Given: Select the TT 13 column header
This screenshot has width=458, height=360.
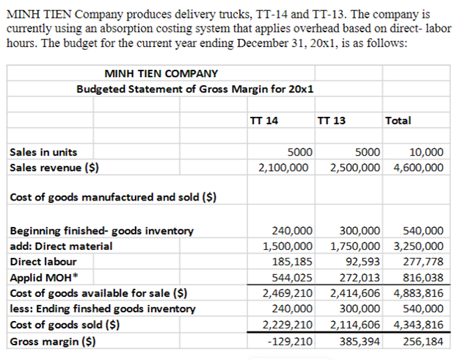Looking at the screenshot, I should (x=332, y=120).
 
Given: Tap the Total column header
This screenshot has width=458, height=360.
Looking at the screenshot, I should (x=398, y=120).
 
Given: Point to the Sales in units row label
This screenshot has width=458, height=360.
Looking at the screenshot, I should (x=43, y=152).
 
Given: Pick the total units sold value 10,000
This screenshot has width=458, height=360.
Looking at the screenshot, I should (x=426, y=152).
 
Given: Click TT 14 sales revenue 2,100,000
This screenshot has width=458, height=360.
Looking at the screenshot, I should (x=284, y=167).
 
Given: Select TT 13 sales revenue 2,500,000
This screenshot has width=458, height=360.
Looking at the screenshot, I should (x=355, y=167).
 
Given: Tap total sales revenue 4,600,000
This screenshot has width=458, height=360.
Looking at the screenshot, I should (x=418, y=167).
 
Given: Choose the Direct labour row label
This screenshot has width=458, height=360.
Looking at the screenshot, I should (x=43, y=261).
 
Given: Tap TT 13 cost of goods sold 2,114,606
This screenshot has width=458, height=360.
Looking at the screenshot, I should (x=355, y=325).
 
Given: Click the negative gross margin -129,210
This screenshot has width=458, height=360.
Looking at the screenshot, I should (x=292, y=342).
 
